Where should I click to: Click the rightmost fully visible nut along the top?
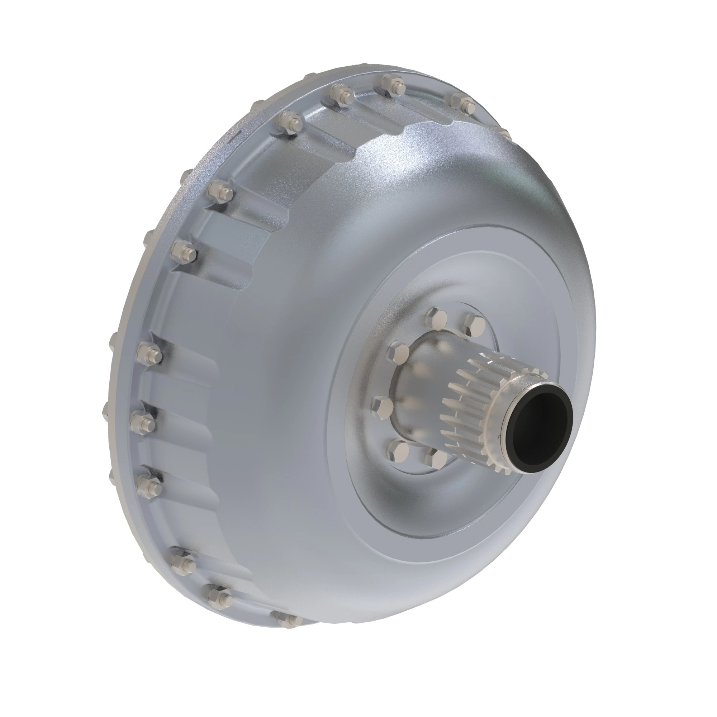[x=463, y=104]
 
